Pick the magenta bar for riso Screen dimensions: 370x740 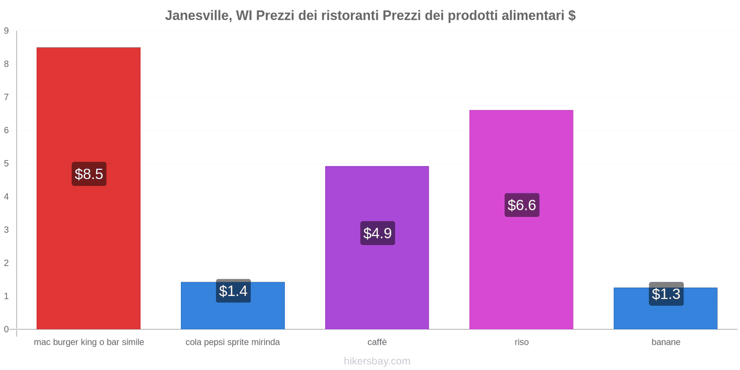tap(521, 268)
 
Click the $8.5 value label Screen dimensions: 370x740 tap(89, 174)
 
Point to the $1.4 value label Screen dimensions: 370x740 tap(233, 291)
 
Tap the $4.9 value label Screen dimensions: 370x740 tap(377, 233)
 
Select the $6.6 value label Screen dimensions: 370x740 tap(522, 205)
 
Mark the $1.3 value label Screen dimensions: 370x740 tap(666, 294)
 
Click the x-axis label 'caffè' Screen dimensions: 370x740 tap(377, 342)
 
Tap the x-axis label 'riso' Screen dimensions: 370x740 tap(521, 342)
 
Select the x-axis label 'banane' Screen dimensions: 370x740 tap(666, 342)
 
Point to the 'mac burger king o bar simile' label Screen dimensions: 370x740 tap(89, 342)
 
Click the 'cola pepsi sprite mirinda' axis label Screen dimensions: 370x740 tap(233, 342)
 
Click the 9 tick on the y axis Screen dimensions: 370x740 tap(6, 31)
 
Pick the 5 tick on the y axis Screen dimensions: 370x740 tap(6, 163)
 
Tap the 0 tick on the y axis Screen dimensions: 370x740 tap(6, 329)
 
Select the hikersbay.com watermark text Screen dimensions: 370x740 tap(377, 361)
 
